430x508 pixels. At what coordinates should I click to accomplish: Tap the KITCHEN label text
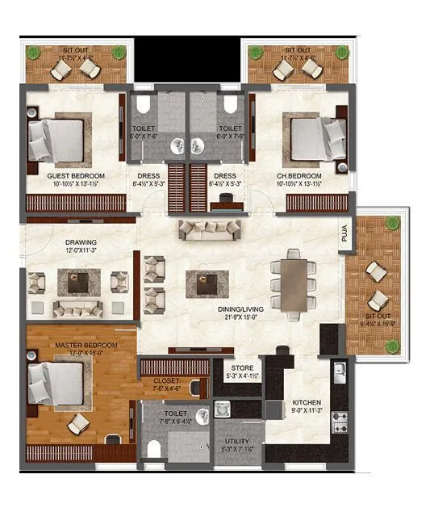tap(307, 401)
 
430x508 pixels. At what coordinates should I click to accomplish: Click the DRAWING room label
tap(81, 241)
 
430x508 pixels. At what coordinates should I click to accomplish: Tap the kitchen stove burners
tap(340, 422)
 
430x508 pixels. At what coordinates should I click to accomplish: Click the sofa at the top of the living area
tap(209, 229)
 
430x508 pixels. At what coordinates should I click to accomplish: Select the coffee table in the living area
tap(202, 283)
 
